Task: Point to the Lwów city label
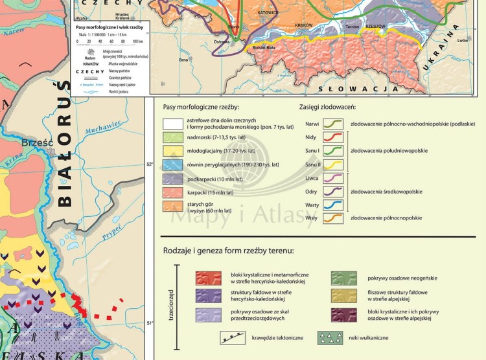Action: coord(462,40)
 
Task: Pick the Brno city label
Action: coord(184,60)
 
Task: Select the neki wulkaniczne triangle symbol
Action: coord(330,338)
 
